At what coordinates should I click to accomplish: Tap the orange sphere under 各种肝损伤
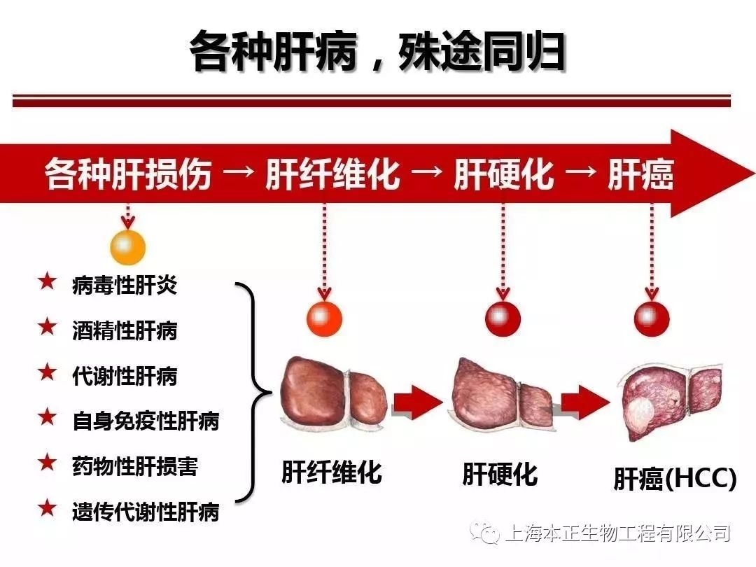(127, 246)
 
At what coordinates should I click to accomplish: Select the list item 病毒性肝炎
(124, 285)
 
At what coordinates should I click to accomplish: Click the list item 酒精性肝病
(124, 330)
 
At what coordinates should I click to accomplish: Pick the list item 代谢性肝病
(124, 376)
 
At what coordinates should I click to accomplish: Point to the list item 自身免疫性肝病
(145, 421)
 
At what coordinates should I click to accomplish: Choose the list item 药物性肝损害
(134, 466)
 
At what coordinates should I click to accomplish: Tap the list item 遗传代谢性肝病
(145, 512)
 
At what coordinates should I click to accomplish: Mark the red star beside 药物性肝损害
(47, 463)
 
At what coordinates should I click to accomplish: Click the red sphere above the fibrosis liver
(324, 319)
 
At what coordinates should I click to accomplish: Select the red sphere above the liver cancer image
(652, 318)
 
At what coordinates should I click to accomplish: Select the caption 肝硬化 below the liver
(500, 475)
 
